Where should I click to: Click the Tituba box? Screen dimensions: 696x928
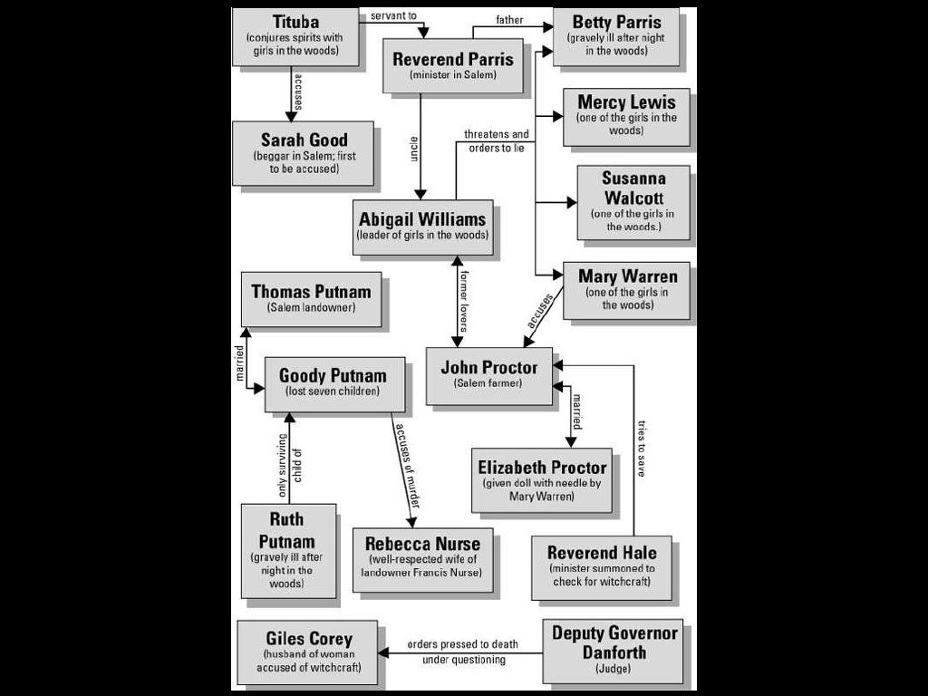click(295, 36)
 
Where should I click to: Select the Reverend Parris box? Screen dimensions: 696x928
click(453, 65)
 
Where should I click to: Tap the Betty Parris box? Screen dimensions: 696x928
click(616, 36)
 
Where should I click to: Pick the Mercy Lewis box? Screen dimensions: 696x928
click(626, 116)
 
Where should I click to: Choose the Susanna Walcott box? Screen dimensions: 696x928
click(633, 202)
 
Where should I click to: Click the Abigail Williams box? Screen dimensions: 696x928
click(423, 227)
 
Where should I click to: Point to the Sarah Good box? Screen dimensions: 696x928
click(304, 152)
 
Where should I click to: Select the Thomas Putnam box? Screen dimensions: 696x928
click(312, 299)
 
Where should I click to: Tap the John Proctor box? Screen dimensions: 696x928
click(489, 375)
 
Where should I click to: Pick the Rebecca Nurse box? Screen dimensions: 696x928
click(422, 559)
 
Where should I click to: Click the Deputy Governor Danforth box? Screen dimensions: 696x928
click(614, 651)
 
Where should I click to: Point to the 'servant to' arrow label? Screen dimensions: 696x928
click(393, 16)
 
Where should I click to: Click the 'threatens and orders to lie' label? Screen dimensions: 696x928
click(497, 141)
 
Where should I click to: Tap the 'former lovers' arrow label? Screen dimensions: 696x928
click(464, 300)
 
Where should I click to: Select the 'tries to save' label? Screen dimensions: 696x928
click(642, 448)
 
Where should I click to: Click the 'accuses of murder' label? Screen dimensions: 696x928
click(408, 472)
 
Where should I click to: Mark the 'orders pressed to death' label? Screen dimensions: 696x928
click(462, 644)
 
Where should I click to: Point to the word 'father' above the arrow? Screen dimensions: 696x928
click(509, 20)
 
